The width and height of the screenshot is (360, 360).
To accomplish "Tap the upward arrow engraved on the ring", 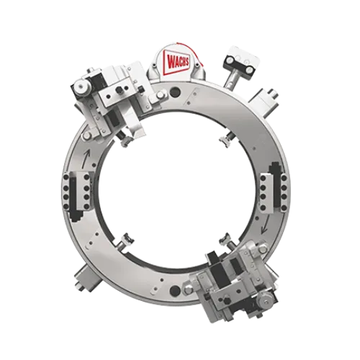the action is (86, 157).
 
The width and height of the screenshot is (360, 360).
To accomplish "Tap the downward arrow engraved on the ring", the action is (265, 225).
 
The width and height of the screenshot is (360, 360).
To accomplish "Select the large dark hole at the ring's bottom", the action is (175, 291).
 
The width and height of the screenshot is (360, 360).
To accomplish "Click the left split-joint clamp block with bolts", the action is (76, 191).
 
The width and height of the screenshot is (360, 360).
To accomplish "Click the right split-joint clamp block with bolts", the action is (274, 189).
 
